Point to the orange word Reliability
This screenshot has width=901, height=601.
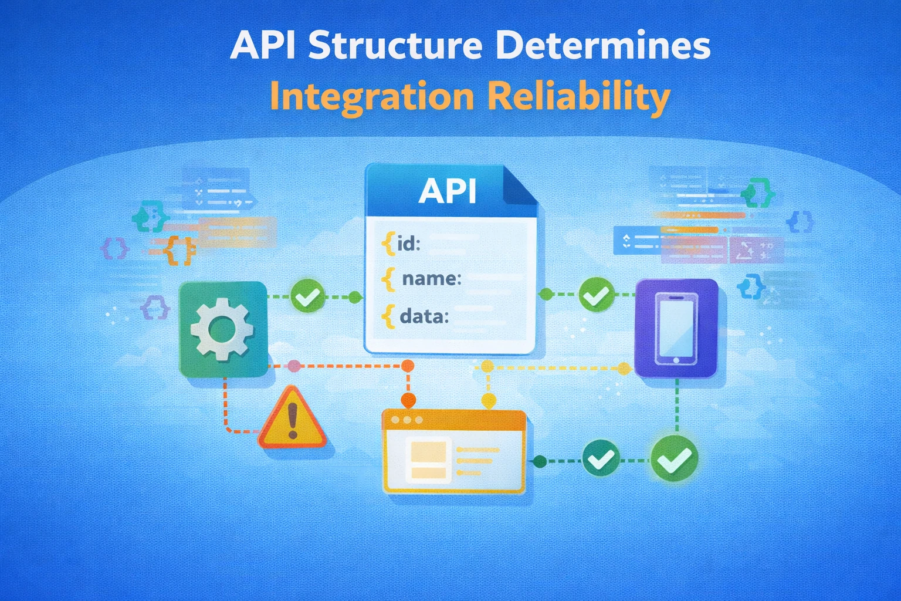[579, 97]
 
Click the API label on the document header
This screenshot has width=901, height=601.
[447, 191]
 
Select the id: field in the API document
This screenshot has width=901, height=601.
[408, 243]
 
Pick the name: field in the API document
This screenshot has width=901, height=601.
[431, 279]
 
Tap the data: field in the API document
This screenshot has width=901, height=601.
[424, 317]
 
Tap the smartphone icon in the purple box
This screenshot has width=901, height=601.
[676, 328]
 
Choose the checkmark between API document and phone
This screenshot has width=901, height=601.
[597, 295]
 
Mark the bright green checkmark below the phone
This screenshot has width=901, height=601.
[675, 460]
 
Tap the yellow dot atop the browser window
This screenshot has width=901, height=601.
[488, 401]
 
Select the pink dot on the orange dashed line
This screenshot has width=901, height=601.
[294, 367]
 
